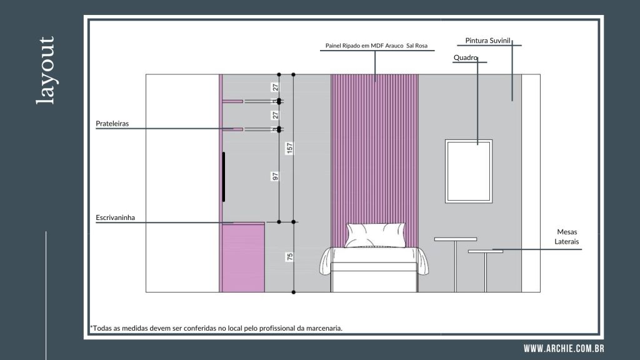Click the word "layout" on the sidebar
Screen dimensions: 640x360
(46, 70)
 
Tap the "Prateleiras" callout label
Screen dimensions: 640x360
(112, 124)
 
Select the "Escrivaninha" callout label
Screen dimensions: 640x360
(115, 217)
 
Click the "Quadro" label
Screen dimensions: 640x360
(465, 58)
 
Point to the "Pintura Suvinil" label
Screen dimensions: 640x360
(487, 41)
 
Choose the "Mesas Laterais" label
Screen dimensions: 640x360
(566, 237)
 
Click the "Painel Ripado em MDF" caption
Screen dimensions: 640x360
(376, 46)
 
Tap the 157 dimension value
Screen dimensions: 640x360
(289, 147)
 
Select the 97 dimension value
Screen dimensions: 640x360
(276, 176)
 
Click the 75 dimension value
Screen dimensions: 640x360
(289, 257)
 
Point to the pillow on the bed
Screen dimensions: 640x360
(376, 235)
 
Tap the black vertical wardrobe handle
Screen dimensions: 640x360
(224, 177)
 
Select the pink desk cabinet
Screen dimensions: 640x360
(243, 257)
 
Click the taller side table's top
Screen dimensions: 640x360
(456, 239)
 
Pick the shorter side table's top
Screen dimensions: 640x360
(485, 251)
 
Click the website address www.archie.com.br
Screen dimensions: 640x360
(564, 349)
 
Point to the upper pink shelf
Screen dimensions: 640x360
(232, 101)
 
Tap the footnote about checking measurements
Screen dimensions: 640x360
(216, 328)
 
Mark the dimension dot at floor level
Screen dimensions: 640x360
(294, 292)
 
